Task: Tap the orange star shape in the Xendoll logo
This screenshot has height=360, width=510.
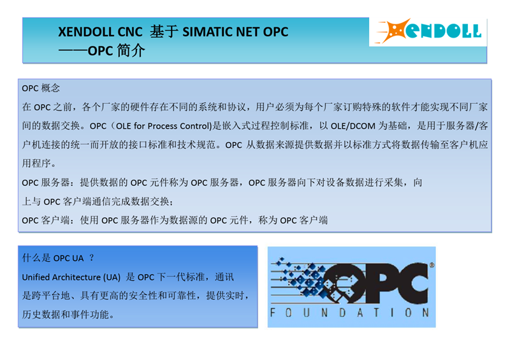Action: click(394, 31)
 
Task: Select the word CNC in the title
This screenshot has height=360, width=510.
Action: click(130, 32)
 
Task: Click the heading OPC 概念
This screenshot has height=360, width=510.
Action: click(41, 88)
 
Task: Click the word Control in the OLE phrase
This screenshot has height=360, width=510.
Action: click(194, 126)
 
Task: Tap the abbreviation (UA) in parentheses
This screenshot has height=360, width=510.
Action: click(112, 277)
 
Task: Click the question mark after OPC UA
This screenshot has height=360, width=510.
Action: click(91, 257)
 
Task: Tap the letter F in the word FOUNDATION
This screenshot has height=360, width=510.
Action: click(273, 312)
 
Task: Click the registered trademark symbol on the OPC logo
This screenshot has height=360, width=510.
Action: click(432, 265)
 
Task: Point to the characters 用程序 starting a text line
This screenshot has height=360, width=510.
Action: click(36, 163)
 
